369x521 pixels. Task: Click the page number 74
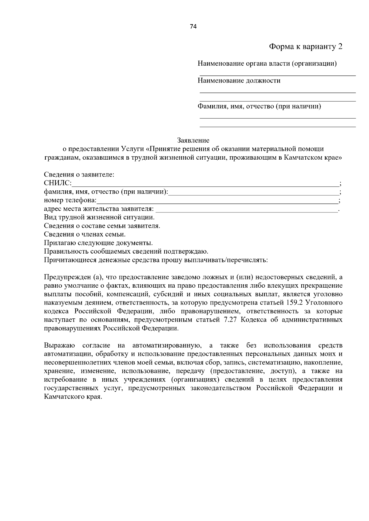[x=193, y=26]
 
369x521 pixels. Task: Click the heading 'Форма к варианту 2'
[x=306, y=47]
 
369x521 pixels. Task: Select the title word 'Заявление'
[x=193, y=141]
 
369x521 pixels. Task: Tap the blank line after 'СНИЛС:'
[x=204, y=184]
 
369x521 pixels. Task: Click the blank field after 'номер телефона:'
[x=217, y=201]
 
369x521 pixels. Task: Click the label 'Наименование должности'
[x=239, y=81]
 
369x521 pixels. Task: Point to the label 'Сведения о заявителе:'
[x=79, y=175]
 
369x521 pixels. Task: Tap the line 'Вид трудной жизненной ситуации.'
[x=99, y=218]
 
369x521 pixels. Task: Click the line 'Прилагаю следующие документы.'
[x=98, y=243]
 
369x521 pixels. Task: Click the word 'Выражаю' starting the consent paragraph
[x=59, y=345]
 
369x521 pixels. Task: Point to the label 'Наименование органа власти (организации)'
[x=267, y=64]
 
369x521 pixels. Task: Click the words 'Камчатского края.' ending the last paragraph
[x=73, y=397]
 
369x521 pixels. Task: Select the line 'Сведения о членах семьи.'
[x=85, y=235]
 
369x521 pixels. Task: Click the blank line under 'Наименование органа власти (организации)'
[x=277, y=75]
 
